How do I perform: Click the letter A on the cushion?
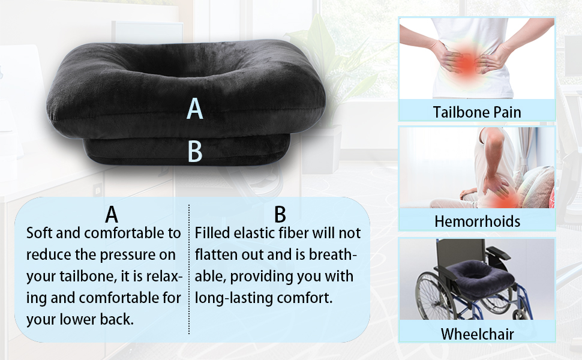tap(195, 109)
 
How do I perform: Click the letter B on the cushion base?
tap(195, 151)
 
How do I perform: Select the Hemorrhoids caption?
tap(478, 221)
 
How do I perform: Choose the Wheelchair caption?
tap(478, 334)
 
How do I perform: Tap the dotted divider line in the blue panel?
tap(189, 269)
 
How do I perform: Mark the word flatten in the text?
tap(216, 254)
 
